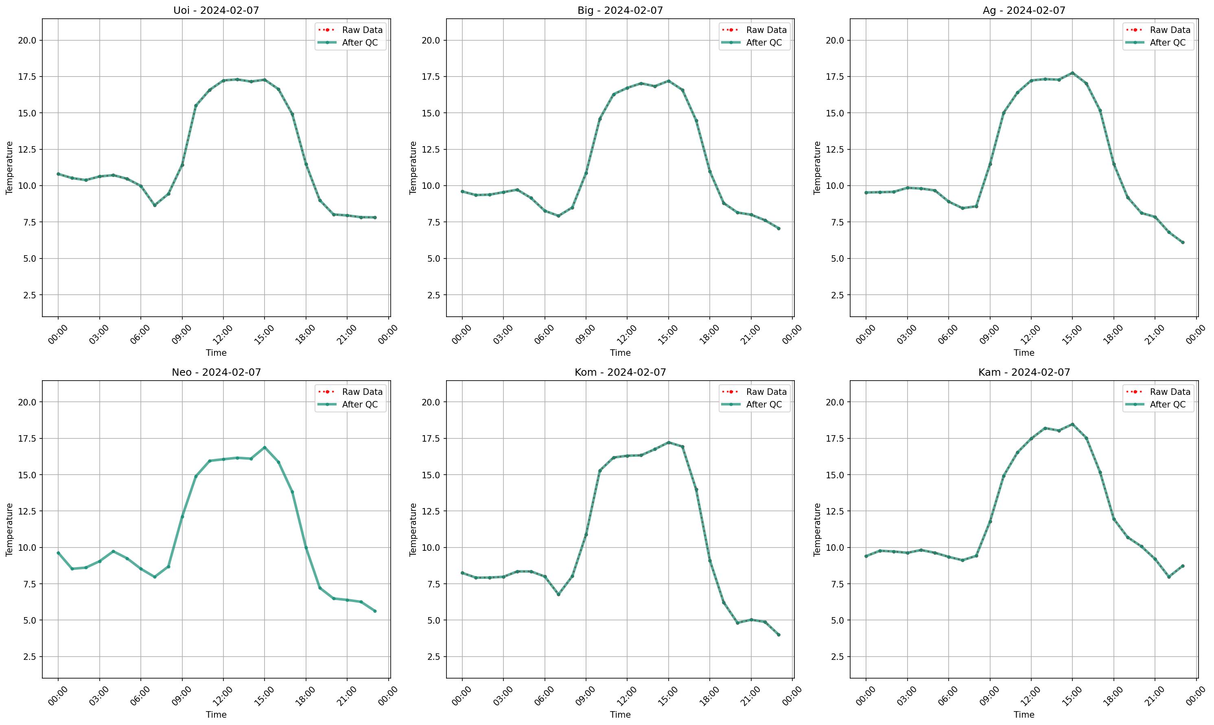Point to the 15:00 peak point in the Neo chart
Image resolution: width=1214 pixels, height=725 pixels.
(265, 447)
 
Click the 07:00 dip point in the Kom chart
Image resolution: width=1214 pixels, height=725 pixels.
(558, 594)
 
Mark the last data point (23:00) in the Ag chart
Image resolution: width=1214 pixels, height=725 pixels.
(1183, 242)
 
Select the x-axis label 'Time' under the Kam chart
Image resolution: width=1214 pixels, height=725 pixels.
(1024, 715)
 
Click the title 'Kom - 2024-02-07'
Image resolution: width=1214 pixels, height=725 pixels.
(620, 372)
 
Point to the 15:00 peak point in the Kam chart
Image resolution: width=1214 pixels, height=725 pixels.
(1072, 424)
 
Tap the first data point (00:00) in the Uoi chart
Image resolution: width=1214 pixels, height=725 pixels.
(58, 174)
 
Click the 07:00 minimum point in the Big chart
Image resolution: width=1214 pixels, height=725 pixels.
(558, 216)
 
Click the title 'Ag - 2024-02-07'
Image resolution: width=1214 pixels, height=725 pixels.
(1024, 10)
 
